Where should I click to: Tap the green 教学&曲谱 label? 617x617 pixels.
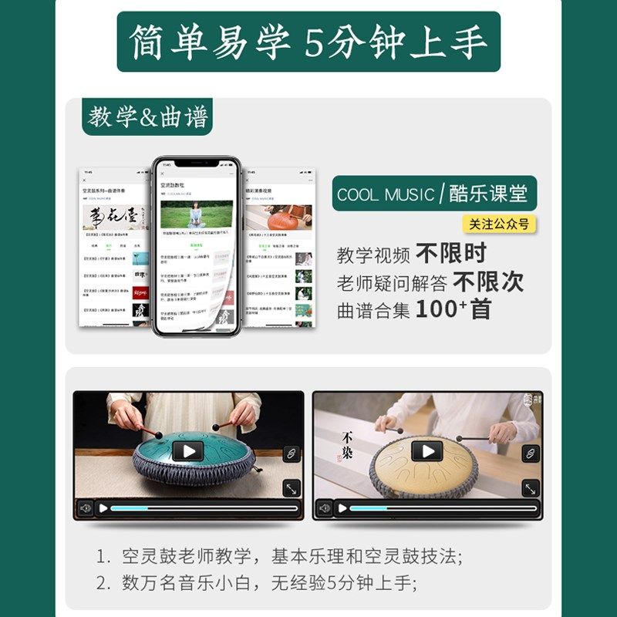(x=147, y=117)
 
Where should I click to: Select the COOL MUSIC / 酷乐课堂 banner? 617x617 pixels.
(x=435, y=194)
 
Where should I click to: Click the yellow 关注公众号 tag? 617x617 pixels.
(x=500, y=224)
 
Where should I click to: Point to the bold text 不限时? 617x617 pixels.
(x=451, y=253)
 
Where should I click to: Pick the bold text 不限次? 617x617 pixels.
(x=488, y=282)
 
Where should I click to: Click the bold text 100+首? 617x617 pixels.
(x=453, y=310)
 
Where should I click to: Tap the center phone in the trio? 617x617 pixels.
(x=197, y=247)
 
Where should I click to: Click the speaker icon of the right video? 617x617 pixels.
(x=325, y=508)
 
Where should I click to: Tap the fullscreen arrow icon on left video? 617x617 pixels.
(x=291, y=488)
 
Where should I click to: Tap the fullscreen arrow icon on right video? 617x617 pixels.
(x=530, y=488)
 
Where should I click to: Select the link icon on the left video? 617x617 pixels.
(x=291, y=453)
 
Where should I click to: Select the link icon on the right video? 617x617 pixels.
(x=530, y=453)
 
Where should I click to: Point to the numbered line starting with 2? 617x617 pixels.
(x=262, y=583)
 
